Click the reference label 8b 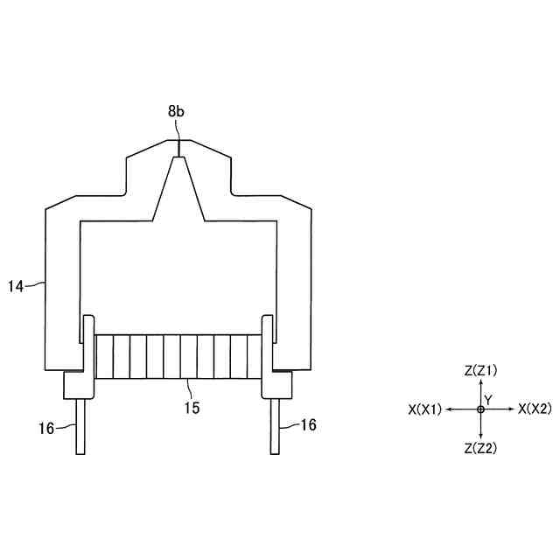pos(176,112)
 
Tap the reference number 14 pos(16,286)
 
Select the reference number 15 pos(192,408)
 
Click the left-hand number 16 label pos(46,428)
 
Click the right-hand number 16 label pos(308,424)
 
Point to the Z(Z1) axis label pos(480,371)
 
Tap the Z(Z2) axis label pos(480,448)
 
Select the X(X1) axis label pos(425,409)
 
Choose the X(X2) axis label pos(535,409)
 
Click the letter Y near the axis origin pos(488,401)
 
